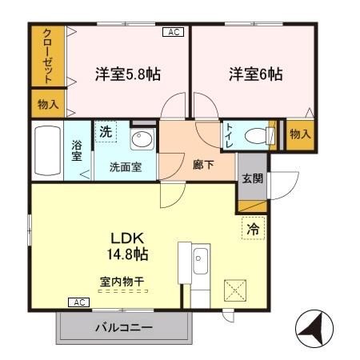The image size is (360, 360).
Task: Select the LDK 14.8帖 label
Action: point(128,246)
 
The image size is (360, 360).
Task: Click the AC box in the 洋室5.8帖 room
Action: point(173,32)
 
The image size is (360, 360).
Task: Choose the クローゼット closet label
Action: point(48,55)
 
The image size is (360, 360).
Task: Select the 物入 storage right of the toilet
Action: point(300,134)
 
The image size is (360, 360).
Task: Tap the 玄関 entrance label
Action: point(253,178)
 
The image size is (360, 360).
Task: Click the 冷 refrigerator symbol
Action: point(253,229)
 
